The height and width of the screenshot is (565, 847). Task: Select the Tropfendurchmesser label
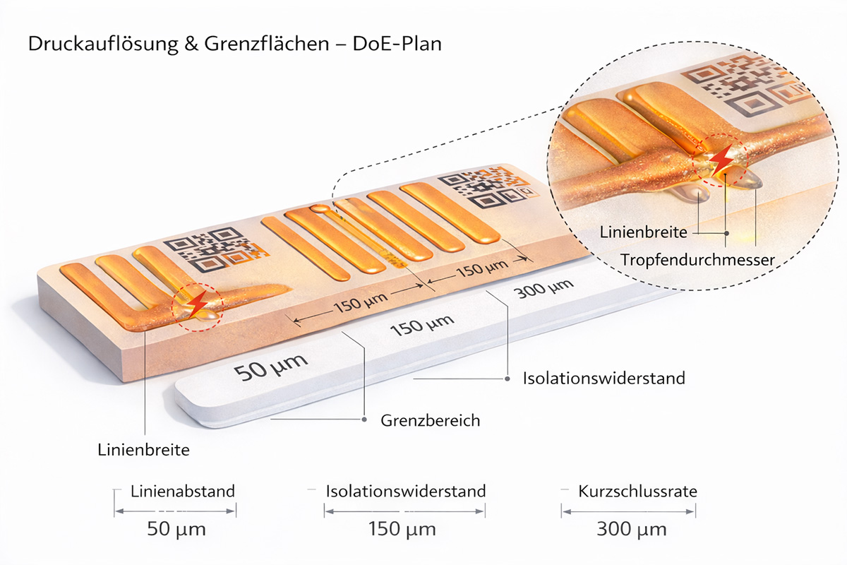click(697, 260)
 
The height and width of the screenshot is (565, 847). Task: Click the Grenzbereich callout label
click(431, 421)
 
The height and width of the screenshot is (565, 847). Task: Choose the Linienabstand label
click(183, 491)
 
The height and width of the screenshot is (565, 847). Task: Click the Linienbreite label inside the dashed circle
click(643, 232)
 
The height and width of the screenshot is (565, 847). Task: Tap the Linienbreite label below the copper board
click(143, 449)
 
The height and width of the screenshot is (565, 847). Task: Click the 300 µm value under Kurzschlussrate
click(631, 528)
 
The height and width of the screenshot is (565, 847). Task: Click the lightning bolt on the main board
click(197, 302)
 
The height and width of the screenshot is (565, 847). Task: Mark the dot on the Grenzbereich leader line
click(364, 420)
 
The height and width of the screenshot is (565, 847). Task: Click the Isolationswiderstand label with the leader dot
click(603, 379)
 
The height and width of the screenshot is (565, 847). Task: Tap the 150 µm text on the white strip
click(421, 326)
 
